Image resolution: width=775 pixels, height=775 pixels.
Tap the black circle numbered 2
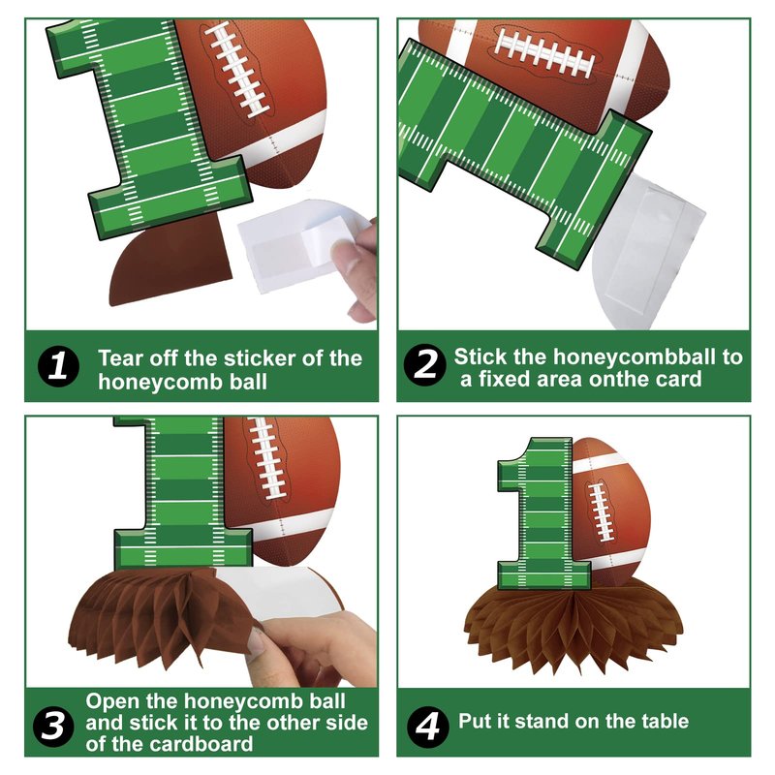coord(425,365)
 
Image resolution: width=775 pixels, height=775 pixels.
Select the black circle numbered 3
coord(53,725)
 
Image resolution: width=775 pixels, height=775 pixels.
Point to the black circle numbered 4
coord(428,726)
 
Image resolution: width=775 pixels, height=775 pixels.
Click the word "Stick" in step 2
coord(480,356)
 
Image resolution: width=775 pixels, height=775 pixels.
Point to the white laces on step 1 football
coord(238,69)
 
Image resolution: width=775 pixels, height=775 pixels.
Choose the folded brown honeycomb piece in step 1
coord(170,260)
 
